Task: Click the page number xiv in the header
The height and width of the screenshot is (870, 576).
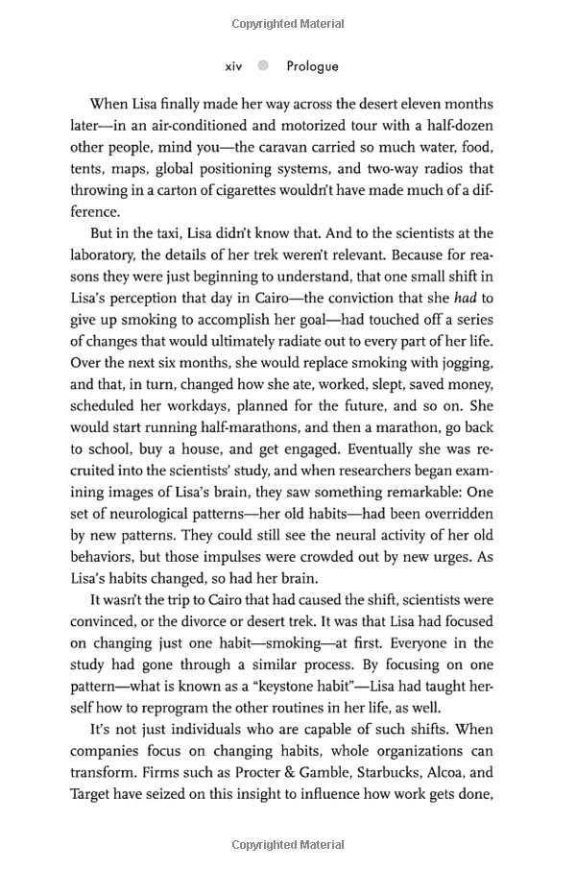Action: pos(233,66)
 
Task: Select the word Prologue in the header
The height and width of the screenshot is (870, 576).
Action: pos(311,66)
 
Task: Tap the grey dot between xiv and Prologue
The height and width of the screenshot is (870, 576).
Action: pos(263,66)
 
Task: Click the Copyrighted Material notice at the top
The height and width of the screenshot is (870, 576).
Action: pos(287,20)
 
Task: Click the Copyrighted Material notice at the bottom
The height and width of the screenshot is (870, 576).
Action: pos(287,845)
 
